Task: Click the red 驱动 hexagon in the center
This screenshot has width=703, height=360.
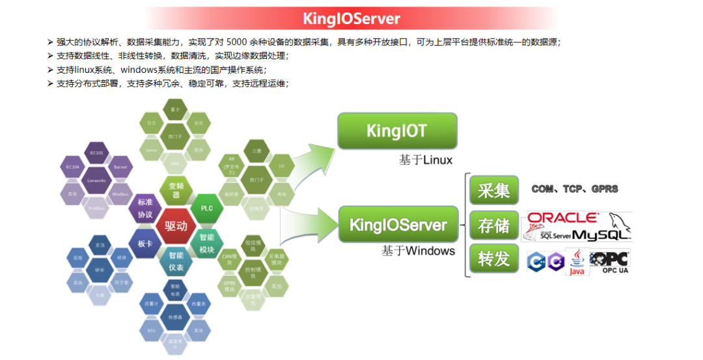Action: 176,227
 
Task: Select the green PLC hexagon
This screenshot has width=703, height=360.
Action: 207,208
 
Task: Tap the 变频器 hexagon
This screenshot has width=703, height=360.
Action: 176,190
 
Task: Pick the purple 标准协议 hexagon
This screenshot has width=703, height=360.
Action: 145,208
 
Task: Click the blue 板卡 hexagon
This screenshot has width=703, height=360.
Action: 145,244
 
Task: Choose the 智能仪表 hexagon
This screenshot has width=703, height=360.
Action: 176,262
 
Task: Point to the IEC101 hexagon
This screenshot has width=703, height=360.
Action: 96,154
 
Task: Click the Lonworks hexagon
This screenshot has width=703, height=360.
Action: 96,180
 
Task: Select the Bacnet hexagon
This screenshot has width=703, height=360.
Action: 120,167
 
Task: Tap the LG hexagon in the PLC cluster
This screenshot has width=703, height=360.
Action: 281,165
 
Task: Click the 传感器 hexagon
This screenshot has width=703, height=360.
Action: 175,317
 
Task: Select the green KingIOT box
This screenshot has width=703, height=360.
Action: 396,131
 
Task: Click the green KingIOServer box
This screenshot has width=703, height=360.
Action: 398,225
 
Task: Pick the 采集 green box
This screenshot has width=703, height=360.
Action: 494,190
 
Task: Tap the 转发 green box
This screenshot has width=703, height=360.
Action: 494,259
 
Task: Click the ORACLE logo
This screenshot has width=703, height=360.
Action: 561,217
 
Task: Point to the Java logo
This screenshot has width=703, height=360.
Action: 577,262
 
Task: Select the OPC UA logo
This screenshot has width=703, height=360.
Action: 610,262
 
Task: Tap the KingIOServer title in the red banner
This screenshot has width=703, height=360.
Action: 351,18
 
